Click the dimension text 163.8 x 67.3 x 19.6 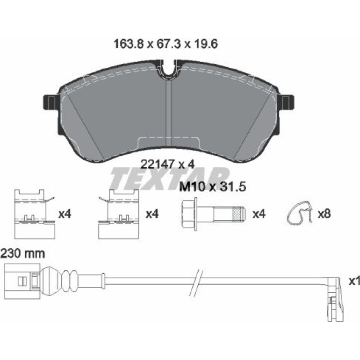[166, 44]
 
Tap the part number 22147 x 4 [167, 165]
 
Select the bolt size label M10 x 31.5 [212, 187]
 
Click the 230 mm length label [22, 254]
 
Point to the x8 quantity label [324, 214]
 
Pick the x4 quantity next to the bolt [259, 214]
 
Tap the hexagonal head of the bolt [188, 214]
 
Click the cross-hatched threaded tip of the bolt [239, 214]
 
